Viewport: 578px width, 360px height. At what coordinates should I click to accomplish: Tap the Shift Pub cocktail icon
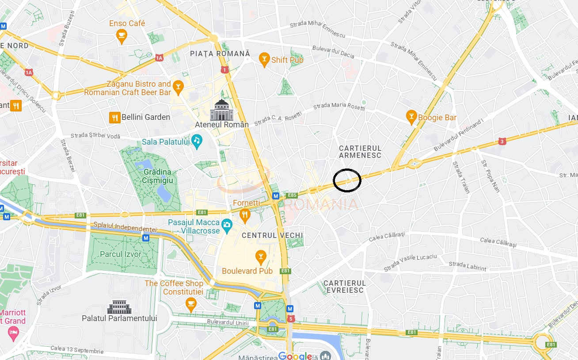click(x=264, y=60)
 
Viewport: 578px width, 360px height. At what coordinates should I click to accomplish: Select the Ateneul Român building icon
click(x=221, y=110)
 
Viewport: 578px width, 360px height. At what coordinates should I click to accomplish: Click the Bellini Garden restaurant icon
click(x=114, y=117)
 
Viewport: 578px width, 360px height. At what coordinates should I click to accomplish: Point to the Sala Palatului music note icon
click(x=197, y=141)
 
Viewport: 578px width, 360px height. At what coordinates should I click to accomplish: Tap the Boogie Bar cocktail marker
click(x=411, y=117)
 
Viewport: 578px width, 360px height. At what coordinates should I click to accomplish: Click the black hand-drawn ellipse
click(x=347, y=180)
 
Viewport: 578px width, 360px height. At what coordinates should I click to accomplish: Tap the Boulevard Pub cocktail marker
click(x=261, y=257)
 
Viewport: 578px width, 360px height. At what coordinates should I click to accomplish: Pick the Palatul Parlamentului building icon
click(x=119, y=307)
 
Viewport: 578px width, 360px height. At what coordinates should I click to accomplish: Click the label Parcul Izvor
click(x=121, y=254)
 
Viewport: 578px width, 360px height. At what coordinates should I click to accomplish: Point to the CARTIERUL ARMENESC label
click(x=360, y=152)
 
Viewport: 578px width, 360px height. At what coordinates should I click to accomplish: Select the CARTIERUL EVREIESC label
click(x=345, y=287)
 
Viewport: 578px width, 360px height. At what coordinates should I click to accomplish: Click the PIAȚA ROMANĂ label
click(x=220, y=54)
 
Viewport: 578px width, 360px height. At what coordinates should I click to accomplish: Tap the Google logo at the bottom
click(x=295, y=356)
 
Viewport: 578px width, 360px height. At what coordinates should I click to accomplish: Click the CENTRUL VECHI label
click(x=272, y=235)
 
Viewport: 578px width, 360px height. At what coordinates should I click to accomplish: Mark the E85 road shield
click(x=292, y=195)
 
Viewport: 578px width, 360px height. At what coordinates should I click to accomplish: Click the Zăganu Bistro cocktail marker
click(x=178, y=87)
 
